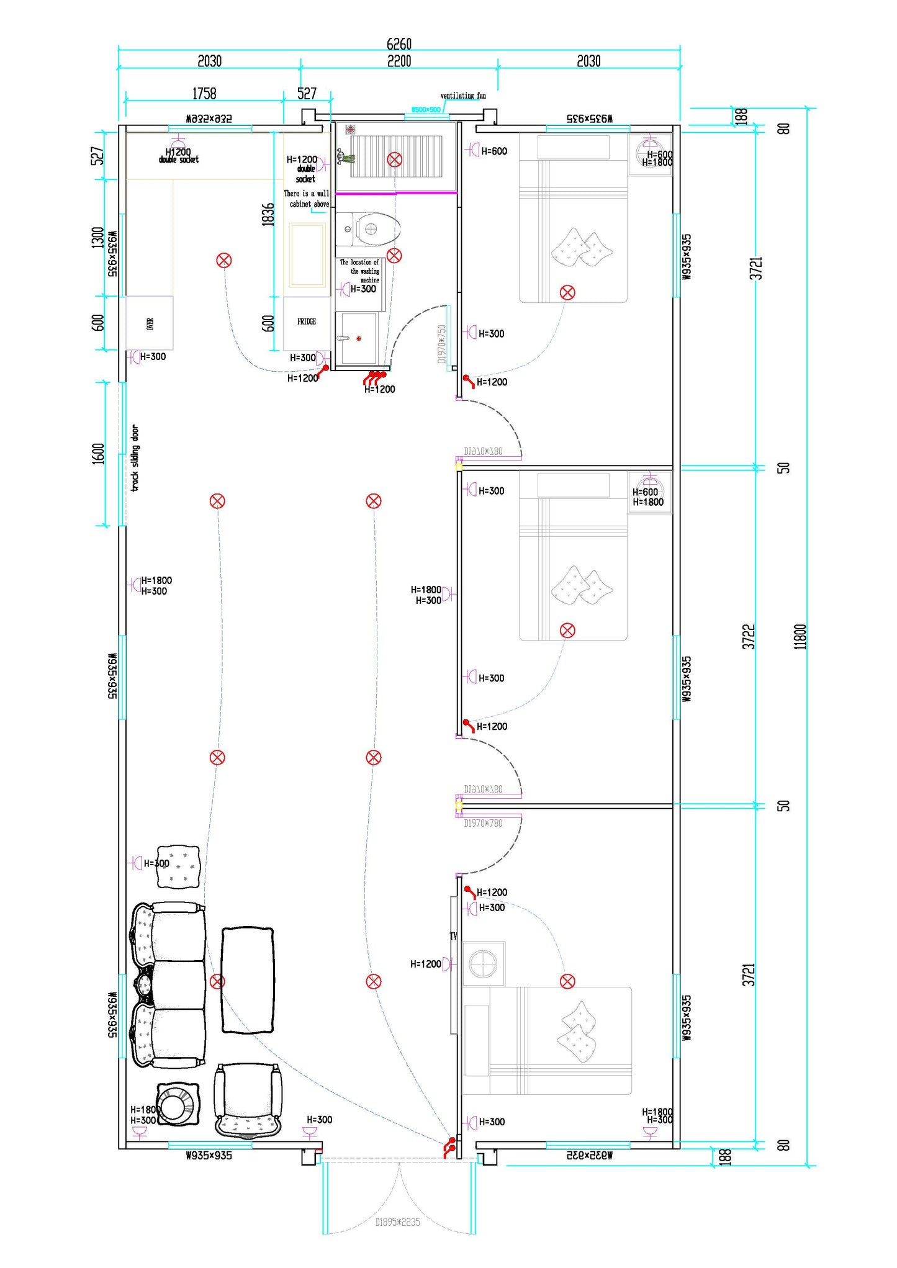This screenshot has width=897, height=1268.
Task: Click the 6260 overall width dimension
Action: [399, 43]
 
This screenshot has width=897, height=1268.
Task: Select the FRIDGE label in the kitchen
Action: [306, 321]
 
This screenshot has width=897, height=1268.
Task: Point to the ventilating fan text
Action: [463, 96]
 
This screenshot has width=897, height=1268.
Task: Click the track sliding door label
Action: [135, 458]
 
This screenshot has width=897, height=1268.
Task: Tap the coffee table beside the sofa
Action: [248, 980]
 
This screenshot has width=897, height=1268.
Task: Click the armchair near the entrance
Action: [248, 1100]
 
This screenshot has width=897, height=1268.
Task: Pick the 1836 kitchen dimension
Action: [268, 215]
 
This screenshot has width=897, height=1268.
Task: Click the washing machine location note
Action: [360, 271]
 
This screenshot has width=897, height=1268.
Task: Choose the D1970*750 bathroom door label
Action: [442, 344]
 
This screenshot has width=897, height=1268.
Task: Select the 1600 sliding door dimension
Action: [98, 454]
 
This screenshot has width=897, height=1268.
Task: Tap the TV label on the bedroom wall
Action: [453, 936]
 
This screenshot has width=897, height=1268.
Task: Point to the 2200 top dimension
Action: [399, 61]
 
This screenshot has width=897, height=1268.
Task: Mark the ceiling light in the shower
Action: [394, 160]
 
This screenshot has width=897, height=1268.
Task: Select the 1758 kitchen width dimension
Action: [204, 94]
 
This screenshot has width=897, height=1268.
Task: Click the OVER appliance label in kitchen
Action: [150, 323]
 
